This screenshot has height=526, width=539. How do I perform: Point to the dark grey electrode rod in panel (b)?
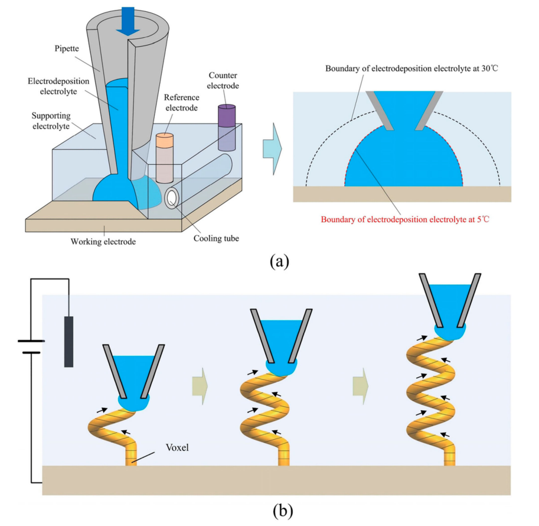click(68, 341)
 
